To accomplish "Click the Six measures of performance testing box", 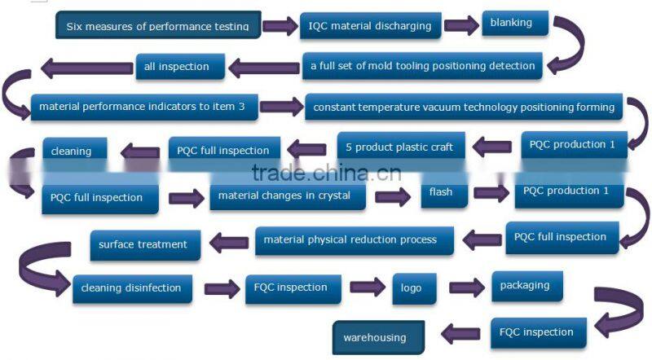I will point(158,26).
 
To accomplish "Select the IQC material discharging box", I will point(370,26).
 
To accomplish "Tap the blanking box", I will point(511,23).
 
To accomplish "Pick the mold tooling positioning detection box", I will point(422,66).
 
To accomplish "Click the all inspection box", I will point(177,67).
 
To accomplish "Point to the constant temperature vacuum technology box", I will point(463,108).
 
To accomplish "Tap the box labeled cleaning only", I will point(71,151).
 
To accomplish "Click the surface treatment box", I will point(143,244).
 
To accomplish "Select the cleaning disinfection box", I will point(132,288).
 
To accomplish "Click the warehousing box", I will point(374,337).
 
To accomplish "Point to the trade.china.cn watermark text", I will point(326,173).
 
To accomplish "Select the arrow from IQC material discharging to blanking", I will point(461,25).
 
